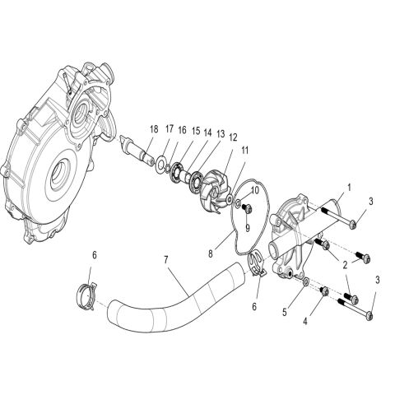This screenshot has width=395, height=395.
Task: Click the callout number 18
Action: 154,129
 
